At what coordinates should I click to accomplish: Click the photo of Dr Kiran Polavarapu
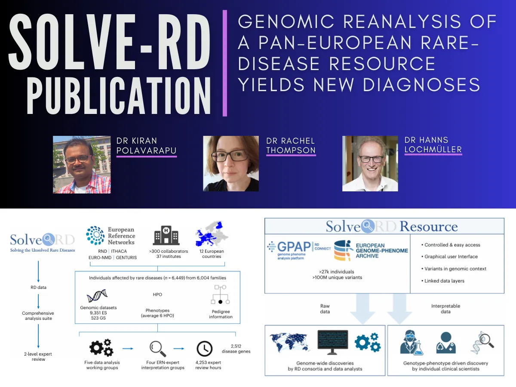[82, 164]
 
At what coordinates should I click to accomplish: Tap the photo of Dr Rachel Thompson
[231, 163]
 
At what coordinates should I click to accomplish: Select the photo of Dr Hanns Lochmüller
[370, 163]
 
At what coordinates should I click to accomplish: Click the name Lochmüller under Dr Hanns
[433, 149]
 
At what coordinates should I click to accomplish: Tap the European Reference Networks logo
[111, 236]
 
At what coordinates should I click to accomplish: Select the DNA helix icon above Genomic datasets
[96, 296]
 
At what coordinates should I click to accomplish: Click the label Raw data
[325, 309]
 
